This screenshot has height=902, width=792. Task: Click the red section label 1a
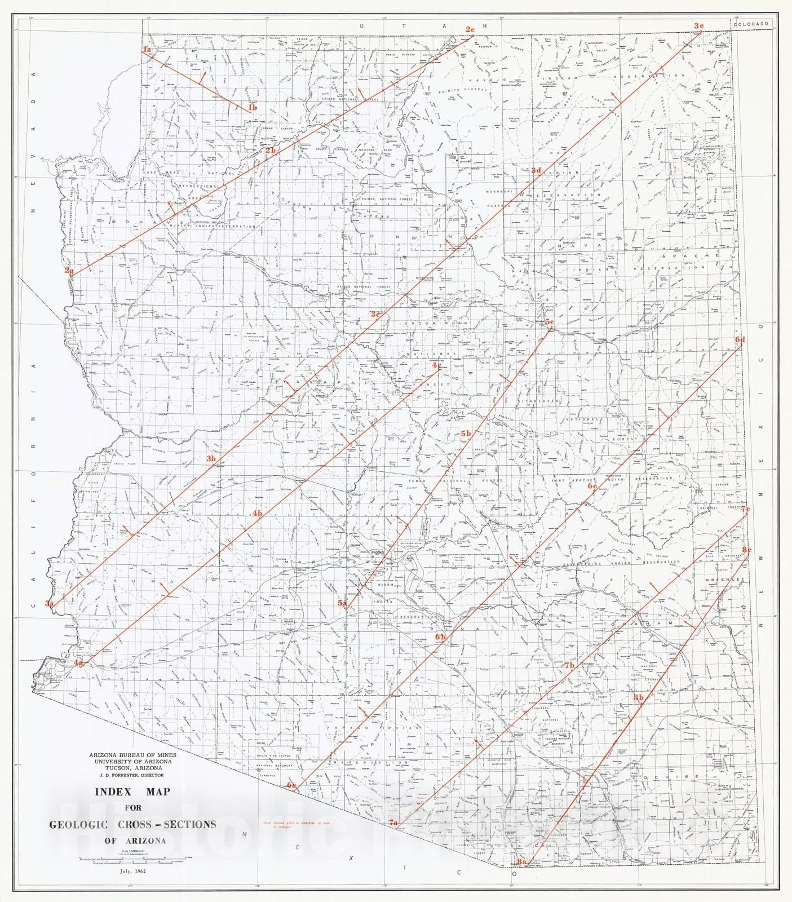147,50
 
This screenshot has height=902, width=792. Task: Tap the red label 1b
252,108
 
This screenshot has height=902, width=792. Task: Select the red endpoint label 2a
69,271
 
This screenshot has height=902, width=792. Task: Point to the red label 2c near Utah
470,29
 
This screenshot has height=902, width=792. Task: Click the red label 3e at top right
698,25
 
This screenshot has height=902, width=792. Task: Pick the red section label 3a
50,603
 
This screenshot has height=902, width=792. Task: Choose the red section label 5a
342,603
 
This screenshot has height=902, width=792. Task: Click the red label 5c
549,322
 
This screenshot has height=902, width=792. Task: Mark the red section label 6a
291,785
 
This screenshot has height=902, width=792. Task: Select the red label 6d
740,339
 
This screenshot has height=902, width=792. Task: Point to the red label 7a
393,823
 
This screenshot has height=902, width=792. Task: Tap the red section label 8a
521,878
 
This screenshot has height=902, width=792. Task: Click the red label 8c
746,549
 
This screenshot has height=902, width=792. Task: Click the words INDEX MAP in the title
132,792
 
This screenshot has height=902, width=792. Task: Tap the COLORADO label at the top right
751,24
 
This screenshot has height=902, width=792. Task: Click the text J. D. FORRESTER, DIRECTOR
132,775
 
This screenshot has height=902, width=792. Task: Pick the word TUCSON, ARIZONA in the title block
132,767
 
